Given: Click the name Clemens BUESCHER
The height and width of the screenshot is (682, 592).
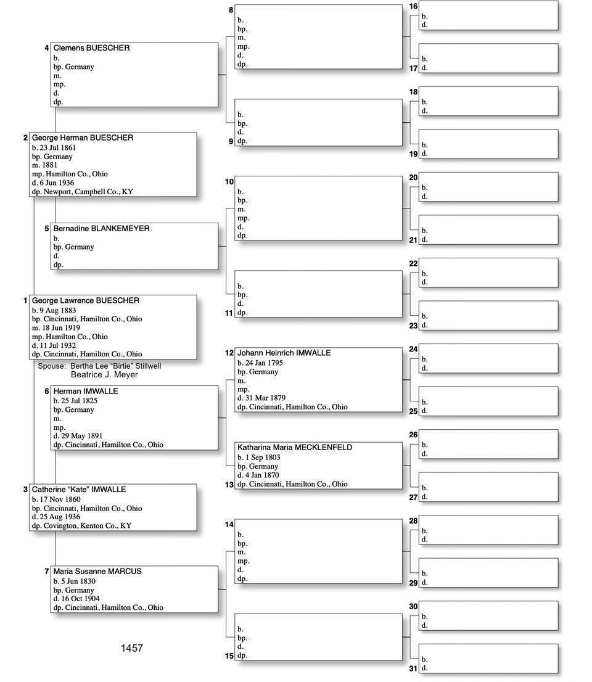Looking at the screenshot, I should click(91, 47).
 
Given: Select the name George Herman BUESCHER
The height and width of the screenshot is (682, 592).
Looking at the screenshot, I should click(83, 138).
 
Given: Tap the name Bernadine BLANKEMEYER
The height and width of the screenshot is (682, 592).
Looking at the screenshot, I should click(101, 228).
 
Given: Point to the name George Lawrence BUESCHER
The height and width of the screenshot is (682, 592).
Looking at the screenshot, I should click(86, 300).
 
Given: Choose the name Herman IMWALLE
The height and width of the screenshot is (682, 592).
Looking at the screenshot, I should click(86, 391).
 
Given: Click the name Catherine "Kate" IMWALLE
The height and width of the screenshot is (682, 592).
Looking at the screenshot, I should click(79, 489).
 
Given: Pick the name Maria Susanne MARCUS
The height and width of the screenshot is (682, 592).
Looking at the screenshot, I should click(97, 571).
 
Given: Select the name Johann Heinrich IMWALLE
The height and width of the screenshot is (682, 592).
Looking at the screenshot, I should click(284, 353).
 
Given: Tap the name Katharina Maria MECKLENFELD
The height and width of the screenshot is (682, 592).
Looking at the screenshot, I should click(295, 447).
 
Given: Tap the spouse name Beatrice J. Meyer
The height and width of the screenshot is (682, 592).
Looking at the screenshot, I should click(104, 374).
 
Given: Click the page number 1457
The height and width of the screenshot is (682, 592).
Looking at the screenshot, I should click(132, 648).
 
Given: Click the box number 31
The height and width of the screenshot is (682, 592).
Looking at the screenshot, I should click(413, 668).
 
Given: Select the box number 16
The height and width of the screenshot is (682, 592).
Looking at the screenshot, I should click(413, 6).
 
